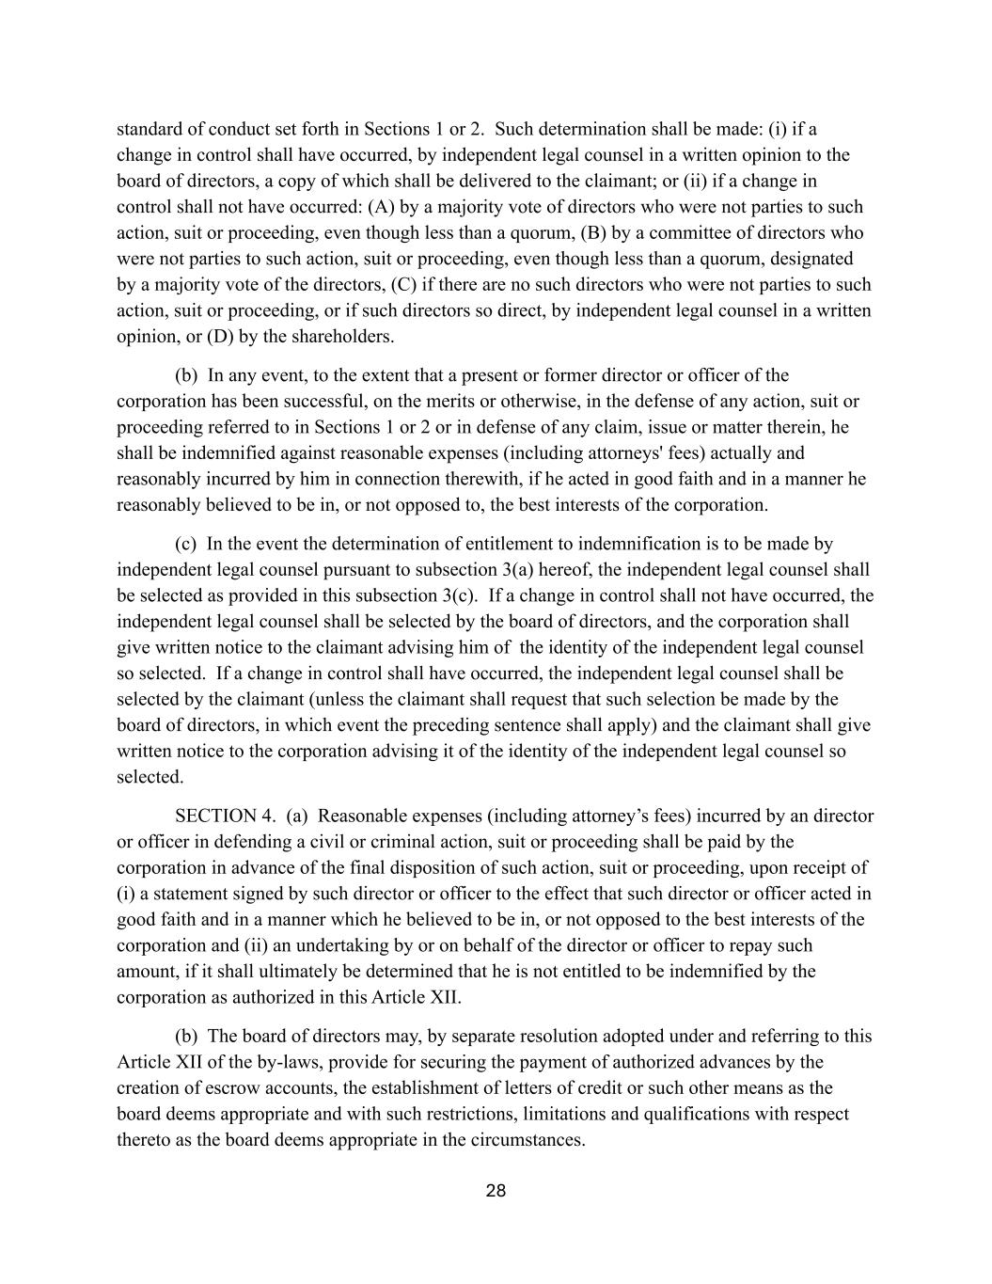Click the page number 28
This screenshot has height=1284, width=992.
pyautogui.click(x=496, y=1191)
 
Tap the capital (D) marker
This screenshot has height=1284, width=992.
pyautogui.click(x=219, y=336)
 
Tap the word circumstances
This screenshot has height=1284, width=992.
pyautogui.click(x=529, y=1139)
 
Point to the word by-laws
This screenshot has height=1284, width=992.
pyautogui.click(x=278, y=1062)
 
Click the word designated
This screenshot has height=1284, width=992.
pyautogui.click(x=808, y=258)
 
